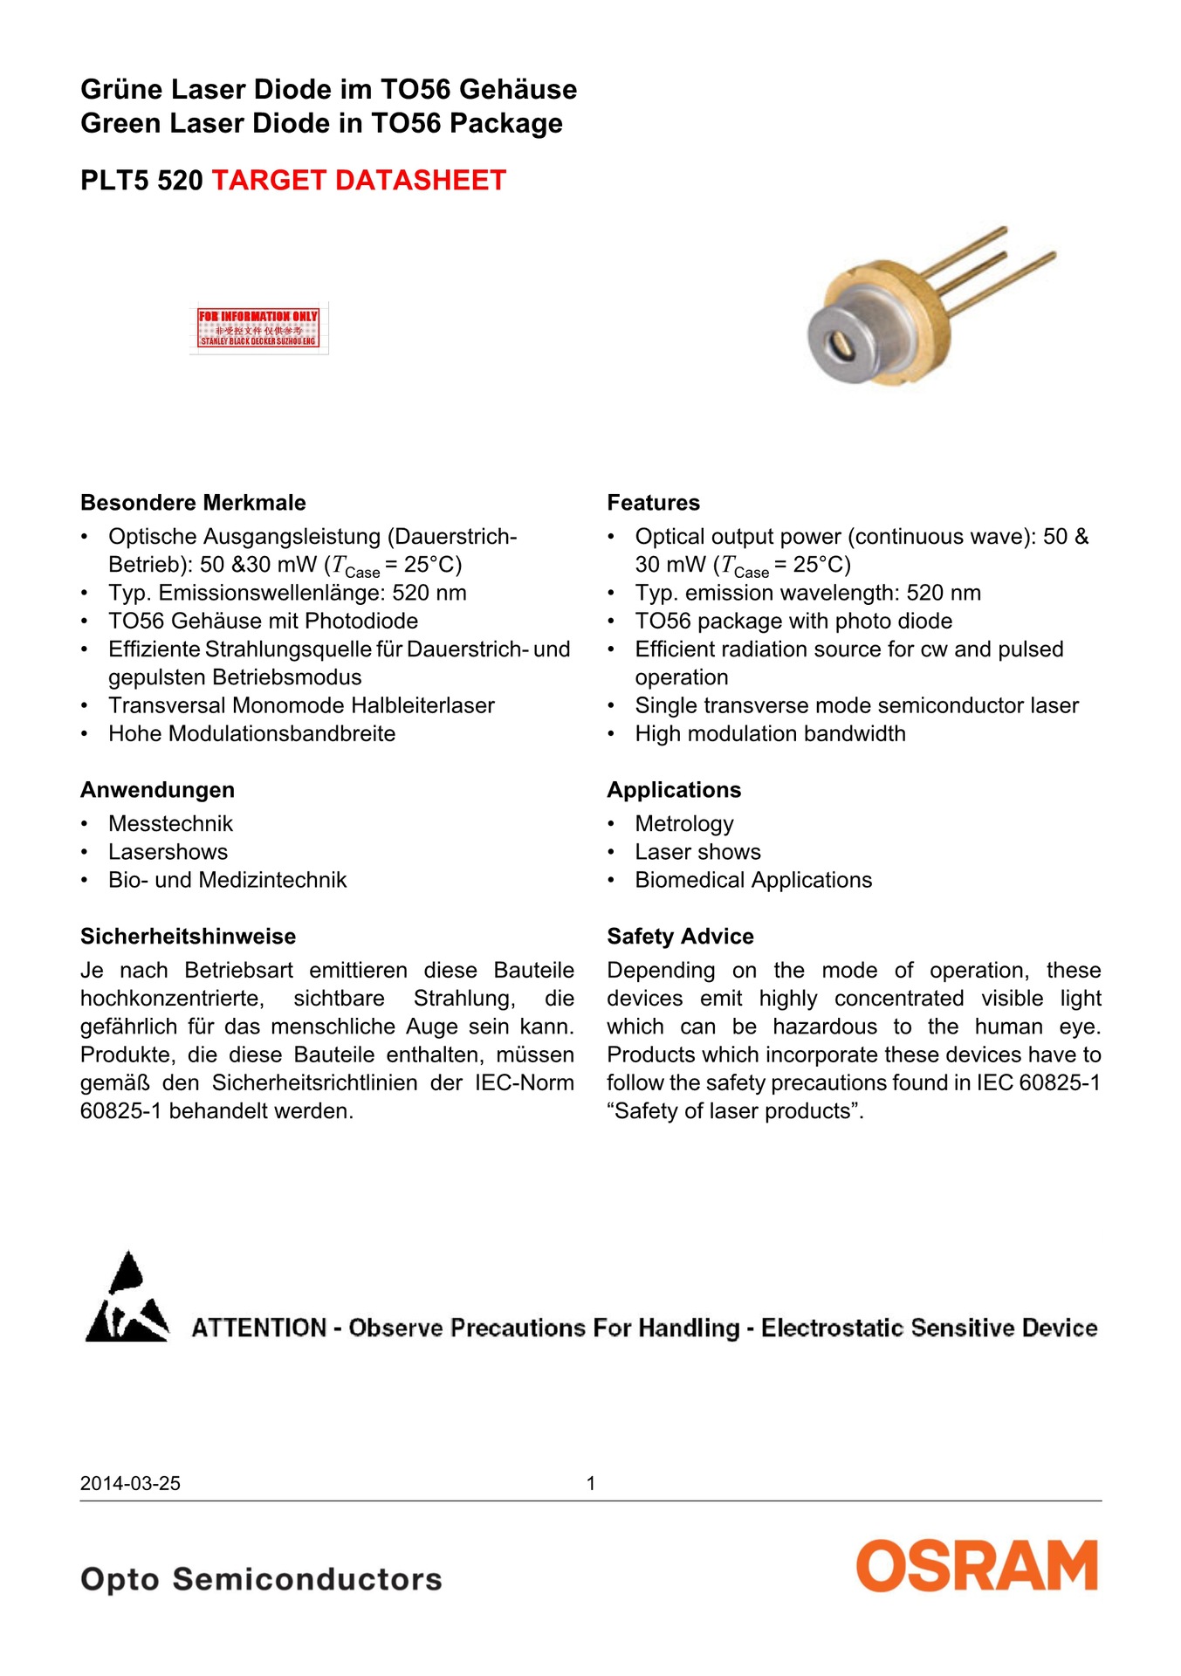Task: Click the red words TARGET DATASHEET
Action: [x=359, y=180]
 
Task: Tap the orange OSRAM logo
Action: [x=977, y=1566]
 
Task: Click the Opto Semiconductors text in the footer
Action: [x=261, y=1579]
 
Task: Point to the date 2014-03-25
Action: [x=130, y=1483]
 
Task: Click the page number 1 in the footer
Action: [x=591, y=1483]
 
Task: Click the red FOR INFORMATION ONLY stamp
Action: [x=258, y=327]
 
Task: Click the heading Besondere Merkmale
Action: [x=193, y=503]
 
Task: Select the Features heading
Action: [x=653, y=503]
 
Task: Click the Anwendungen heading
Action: [x=157, y=790]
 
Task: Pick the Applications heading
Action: [x=674, y=790]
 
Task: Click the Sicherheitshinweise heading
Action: [x=188, y=937]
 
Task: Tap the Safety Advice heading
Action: [x=680, y=937]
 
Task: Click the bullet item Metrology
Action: [x=684, y=824]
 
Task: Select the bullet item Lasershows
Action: [x=168, y=852]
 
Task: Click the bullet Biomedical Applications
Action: [x=753, y=880]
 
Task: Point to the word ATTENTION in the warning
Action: [x=258, y=1328]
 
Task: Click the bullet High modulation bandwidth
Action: [x=770, y=734]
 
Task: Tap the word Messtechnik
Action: [x=171, y=824]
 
